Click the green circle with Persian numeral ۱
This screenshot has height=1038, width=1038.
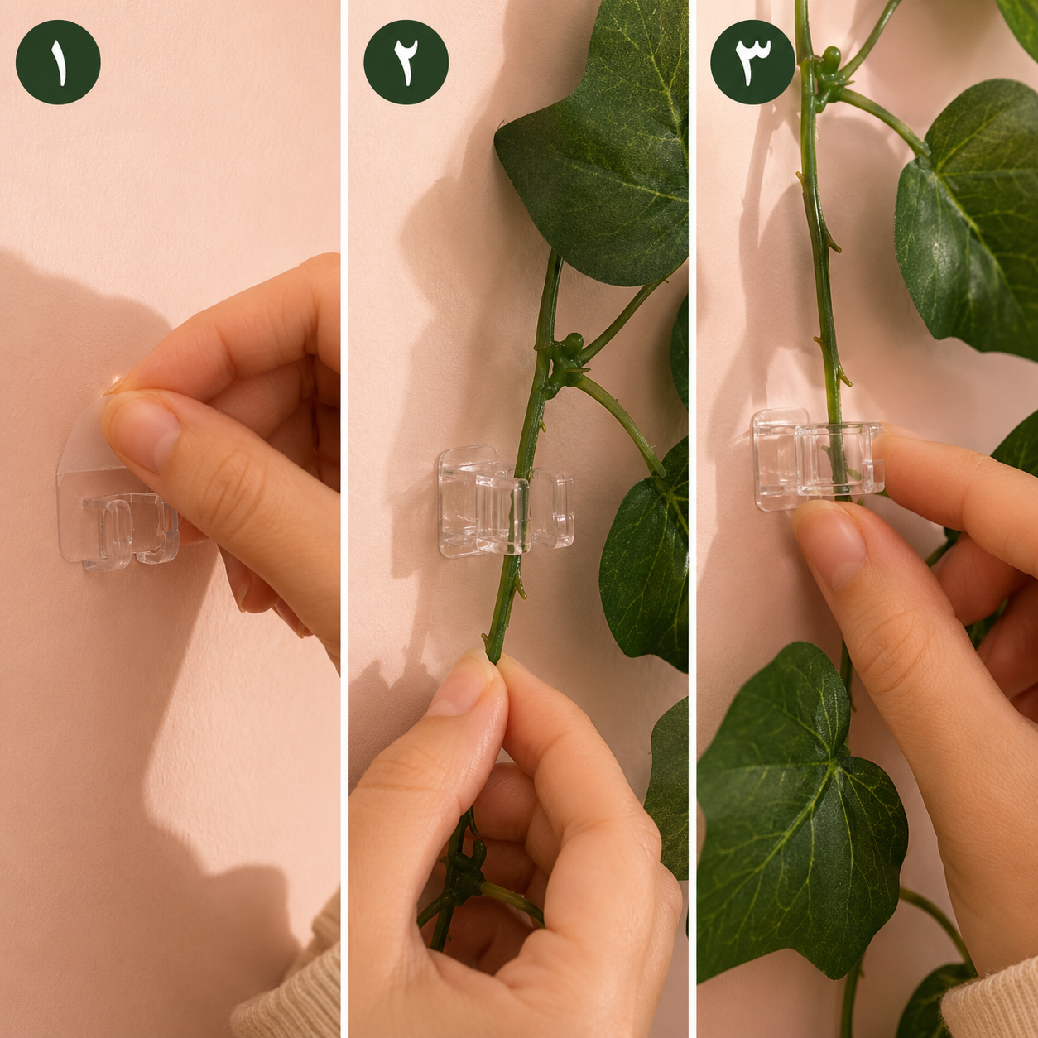tap(58, 62)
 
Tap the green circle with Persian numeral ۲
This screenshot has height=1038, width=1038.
tap(406, 62)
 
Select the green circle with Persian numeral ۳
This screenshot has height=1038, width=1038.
tap(753, 62)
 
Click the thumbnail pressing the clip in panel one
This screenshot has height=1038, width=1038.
tap(141, 432)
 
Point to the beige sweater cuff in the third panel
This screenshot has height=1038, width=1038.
tap(991, 997)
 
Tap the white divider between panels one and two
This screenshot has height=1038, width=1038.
tap(344, 519)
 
